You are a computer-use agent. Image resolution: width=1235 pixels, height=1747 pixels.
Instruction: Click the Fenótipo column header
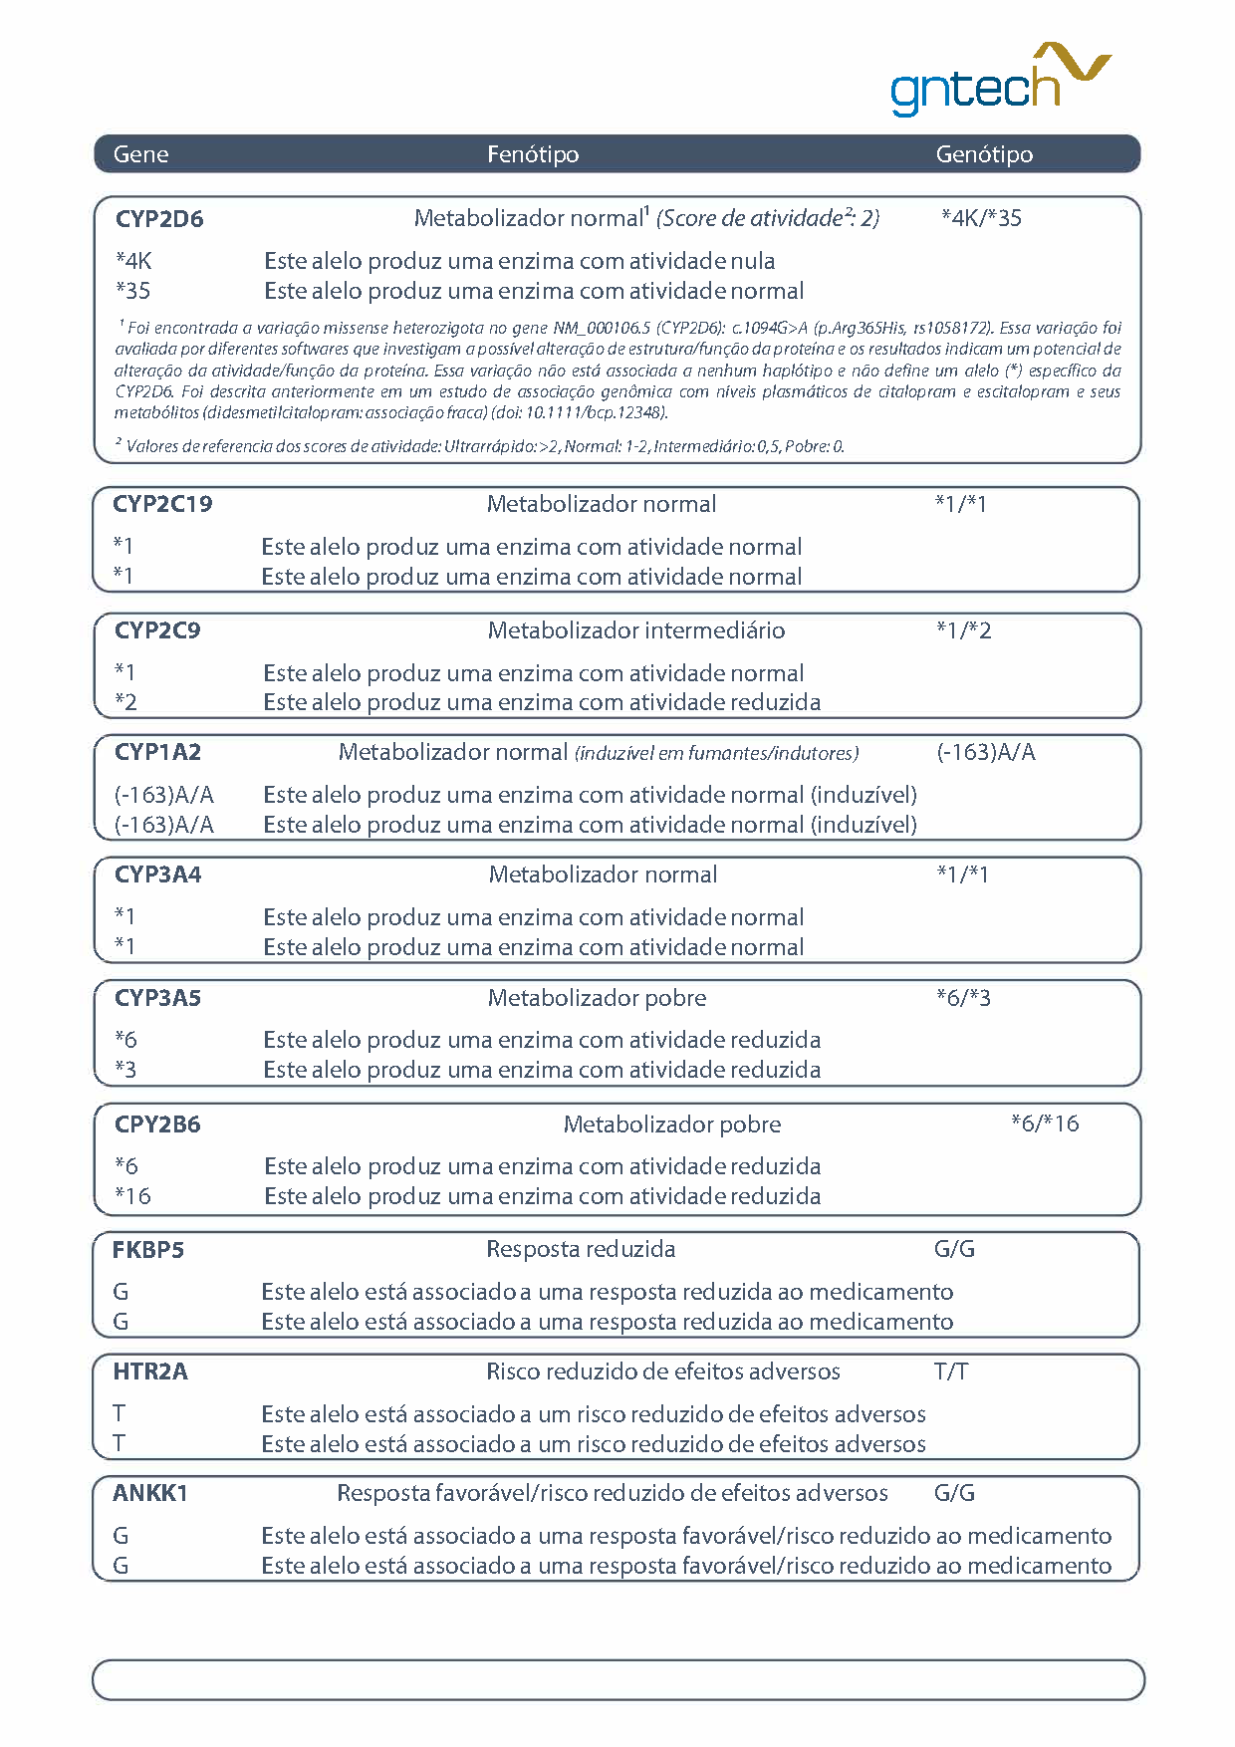533,154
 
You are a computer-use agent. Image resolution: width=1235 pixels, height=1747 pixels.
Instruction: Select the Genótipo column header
984,154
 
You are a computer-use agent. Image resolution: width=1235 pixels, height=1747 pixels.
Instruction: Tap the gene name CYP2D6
159,219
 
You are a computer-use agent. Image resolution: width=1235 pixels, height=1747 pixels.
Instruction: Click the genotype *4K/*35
981,218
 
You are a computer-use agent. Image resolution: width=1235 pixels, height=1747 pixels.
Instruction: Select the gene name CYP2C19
162,504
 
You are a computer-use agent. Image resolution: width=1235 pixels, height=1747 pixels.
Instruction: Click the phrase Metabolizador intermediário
636,630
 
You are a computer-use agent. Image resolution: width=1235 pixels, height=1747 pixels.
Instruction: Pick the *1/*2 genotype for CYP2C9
963,630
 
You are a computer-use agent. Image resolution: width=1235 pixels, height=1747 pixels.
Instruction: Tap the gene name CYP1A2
157,752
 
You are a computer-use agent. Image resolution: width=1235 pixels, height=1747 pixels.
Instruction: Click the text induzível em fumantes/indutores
717,754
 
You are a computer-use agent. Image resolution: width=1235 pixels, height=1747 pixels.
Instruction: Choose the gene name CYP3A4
157,874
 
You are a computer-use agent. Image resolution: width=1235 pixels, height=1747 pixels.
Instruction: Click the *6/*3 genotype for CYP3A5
963,998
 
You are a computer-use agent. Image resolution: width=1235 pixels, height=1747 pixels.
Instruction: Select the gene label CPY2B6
157,1124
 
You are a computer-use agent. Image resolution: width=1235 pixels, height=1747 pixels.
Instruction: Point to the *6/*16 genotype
1045,1123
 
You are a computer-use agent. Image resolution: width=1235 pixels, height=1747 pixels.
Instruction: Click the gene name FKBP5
148,1250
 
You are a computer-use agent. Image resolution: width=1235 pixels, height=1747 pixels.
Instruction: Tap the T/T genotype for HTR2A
951,1373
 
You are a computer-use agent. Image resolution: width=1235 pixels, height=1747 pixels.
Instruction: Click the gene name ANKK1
150,1494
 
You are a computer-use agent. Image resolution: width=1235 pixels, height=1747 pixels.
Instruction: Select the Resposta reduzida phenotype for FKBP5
581,1249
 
